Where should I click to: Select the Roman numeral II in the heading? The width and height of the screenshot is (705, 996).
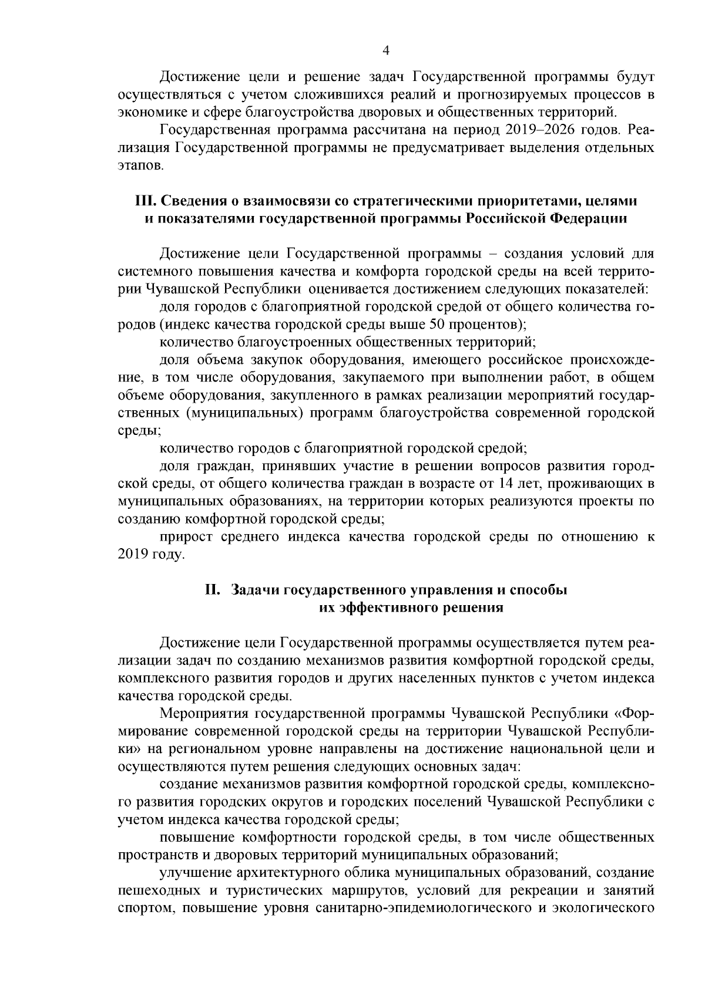click(x=211, y=589)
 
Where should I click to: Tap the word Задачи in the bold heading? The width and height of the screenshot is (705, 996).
click(x=255, y=589)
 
